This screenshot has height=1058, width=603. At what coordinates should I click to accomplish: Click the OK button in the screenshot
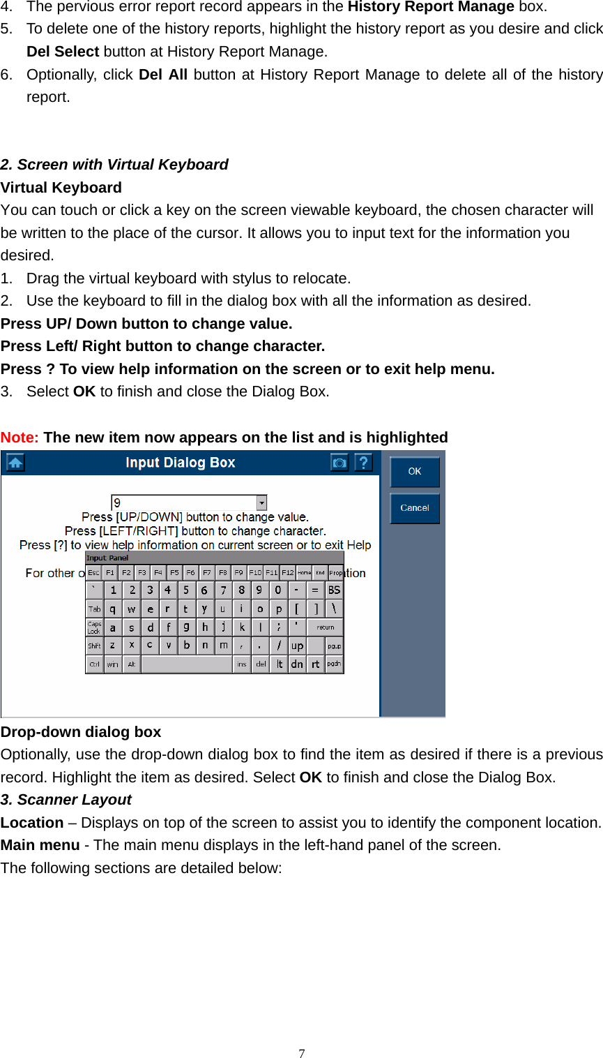coord(414,472)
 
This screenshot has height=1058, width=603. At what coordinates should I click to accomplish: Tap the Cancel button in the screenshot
coord(414,508)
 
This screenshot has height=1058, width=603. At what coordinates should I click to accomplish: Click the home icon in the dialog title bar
coord(15,463)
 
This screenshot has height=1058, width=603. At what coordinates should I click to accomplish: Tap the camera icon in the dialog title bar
coord(339,463)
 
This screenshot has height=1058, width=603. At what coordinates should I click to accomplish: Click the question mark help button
coord(363,463)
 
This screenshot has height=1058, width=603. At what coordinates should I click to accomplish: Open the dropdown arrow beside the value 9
coord(261,502)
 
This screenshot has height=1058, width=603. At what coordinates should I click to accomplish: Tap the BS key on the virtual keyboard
coord(335,590)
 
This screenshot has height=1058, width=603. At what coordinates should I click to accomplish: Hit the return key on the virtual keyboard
coord(326,627)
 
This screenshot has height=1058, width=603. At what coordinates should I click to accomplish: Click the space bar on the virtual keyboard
coord(186,664)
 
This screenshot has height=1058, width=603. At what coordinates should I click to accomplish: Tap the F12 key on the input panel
coord(287,572)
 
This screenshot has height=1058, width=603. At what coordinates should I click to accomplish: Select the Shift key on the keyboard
coord(94,646)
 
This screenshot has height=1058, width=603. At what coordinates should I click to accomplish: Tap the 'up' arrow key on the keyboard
coord(297,646)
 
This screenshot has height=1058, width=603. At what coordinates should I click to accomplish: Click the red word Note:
coord(20,438)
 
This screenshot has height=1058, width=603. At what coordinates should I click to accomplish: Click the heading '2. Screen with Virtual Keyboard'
coord(114,165)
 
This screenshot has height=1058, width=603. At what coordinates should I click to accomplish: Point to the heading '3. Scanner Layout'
coord(66,800)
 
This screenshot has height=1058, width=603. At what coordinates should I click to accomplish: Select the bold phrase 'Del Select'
coord(63,52)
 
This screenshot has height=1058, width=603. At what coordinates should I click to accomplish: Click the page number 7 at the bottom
coord(301,1053)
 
